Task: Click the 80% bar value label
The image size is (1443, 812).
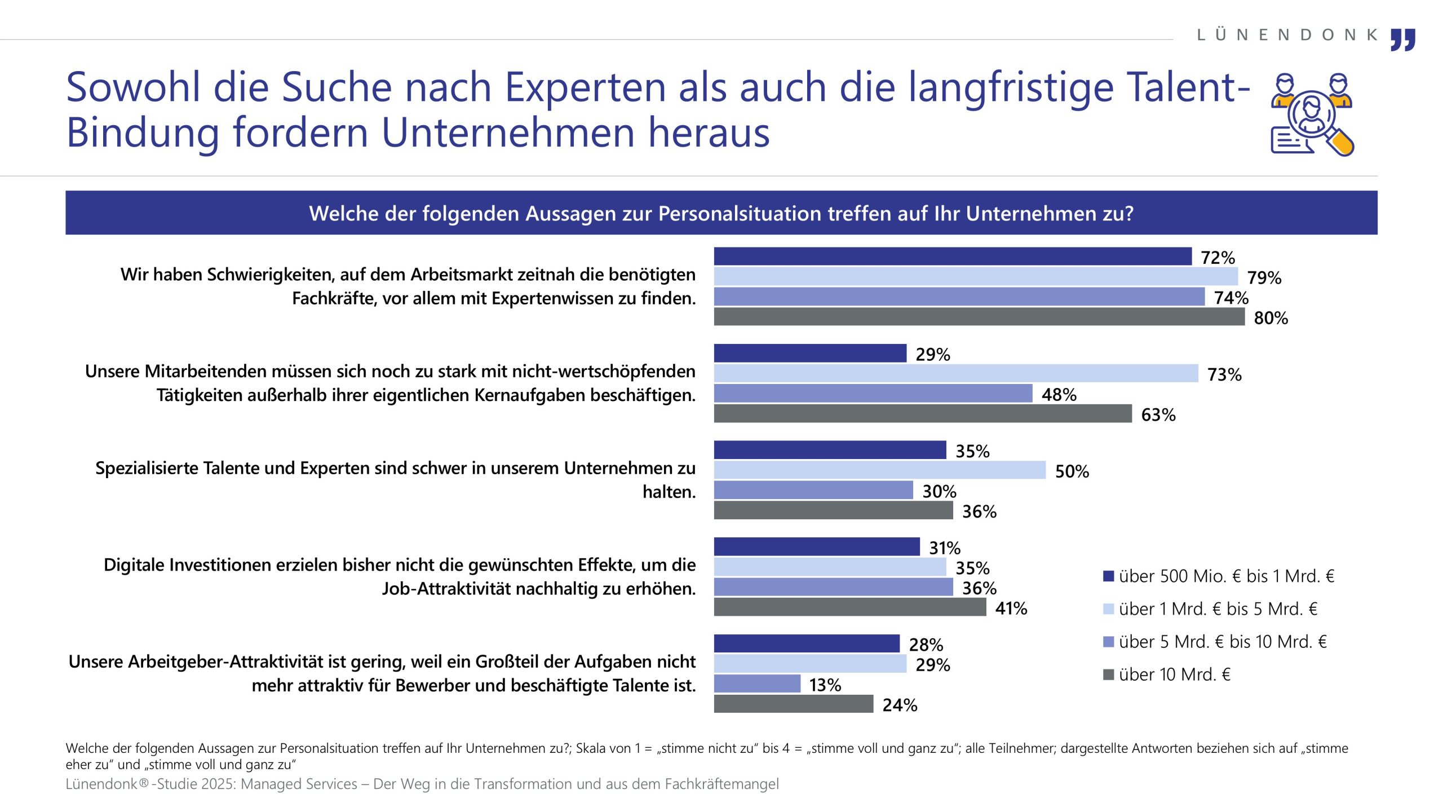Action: pos(1271,318)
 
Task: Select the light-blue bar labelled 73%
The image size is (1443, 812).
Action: pos(955,373)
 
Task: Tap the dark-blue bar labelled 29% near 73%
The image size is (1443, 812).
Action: pos(810,354)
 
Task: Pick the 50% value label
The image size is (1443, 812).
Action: pos(1072,471)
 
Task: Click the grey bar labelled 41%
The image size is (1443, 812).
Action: pos(849,607)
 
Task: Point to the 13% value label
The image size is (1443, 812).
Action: pos(825,685)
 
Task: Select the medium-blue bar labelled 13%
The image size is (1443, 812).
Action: pos(756,684)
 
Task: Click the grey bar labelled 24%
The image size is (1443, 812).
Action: pos(793,704)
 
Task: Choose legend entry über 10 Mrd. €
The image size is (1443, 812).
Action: pos(1174,675)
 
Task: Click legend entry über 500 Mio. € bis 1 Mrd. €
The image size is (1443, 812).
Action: pos(1226,576)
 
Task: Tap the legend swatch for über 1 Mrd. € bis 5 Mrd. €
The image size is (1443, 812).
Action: pos(1108,610)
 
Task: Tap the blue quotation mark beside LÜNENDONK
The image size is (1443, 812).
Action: pos(1402,39)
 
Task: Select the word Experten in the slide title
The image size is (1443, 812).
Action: pos(585,89)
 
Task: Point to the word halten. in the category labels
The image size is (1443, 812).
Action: pos(669,492)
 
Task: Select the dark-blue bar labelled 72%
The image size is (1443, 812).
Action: pos(952,257)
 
